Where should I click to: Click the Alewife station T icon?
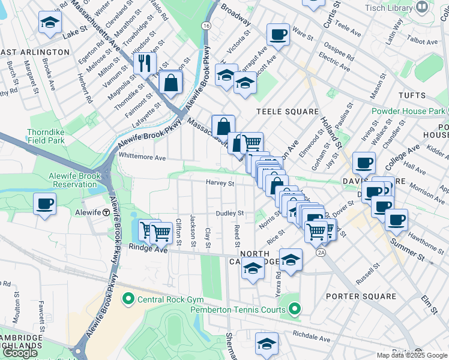106,212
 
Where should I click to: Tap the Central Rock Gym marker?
128,298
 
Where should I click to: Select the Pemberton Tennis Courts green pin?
294,310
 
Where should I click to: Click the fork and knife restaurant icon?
144,63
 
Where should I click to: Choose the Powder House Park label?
408,111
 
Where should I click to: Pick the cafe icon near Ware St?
278,34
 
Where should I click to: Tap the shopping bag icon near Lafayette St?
171,83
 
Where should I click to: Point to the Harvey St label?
220,183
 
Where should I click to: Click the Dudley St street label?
230,213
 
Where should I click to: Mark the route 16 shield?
206,26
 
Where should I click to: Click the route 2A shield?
321,253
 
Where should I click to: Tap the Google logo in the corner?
20,353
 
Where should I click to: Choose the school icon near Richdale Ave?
266,344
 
